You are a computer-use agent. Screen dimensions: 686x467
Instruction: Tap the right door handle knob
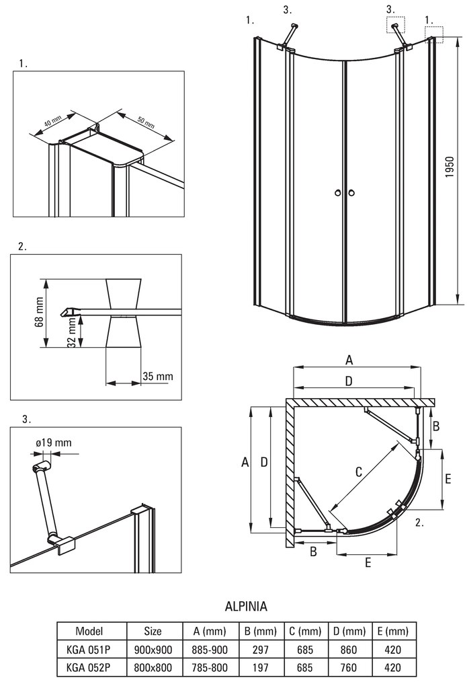pyautogui.click(x=351, y=194)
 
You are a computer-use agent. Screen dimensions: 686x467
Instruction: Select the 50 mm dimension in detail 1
pyautogui.click(x=146, y=123)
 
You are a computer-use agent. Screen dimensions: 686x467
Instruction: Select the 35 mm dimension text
pyautogui.click(x=157, y=376)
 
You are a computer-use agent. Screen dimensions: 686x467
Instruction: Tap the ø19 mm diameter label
pyautogui.click(x=53, y=443)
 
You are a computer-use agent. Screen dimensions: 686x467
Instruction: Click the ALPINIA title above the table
pyautogui.click(x=245, y=607)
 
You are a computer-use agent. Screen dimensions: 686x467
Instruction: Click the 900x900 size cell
pyautogui.click(x=153, y=650)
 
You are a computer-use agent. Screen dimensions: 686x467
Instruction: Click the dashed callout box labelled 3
pyautogui.click(x=396, y=26)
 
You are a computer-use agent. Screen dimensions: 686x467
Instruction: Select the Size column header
pyautogui.click(x=153, y=632)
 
